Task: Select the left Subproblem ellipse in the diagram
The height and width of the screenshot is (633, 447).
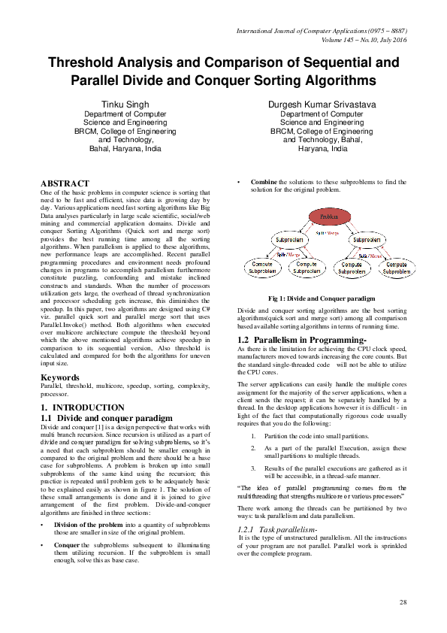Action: pos(289,241)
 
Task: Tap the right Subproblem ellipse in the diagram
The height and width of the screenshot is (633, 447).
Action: pos(370,241)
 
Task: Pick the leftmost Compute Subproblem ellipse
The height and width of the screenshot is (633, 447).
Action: pos(261,268)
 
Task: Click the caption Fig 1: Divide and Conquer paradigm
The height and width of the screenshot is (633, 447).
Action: pos(322,298)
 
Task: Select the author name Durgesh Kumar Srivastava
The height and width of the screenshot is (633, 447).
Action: pos(322,103)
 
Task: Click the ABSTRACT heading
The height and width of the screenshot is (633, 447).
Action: pos(65,183)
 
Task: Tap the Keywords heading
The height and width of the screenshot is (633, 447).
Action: pos(60,377)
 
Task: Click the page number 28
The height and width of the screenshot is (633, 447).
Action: pos(403,602)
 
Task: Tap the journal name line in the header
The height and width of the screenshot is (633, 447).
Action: pos(322,30)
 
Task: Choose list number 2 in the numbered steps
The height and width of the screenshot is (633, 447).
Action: pos(254,448)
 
